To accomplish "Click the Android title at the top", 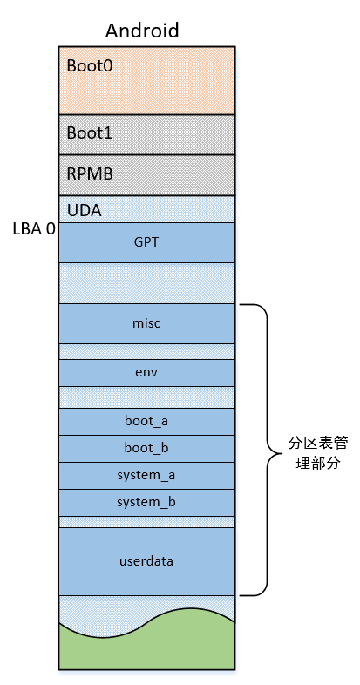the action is tap(142, 31).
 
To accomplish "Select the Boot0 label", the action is tap(90, 65).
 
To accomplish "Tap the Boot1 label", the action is tap(90, 132).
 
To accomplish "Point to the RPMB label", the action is tap(90, 173).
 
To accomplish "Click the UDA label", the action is tap(85, 211).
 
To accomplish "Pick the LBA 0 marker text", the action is tap(35, 228).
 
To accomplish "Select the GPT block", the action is tap(146, 242).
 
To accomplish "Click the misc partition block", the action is tap(146, 323).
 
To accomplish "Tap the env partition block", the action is tap(146, 373).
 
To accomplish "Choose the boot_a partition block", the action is tap(146, 422).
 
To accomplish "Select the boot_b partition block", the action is tap(146, 449).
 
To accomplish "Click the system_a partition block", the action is tap(146, 476).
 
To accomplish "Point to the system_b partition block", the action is tap(146, 503).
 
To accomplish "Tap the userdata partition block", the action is tap(146, 561).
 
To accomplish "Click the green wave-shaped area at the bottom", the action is tap(146, 647).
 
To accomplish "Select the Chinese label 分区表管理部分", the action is tap(317, 453).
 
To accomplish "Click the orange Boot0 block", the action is tap(146, 80).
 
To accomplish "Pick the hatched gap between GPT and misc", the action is tap(146, 283).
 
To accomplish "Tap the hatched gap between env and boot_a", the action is tap(146, 397).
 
